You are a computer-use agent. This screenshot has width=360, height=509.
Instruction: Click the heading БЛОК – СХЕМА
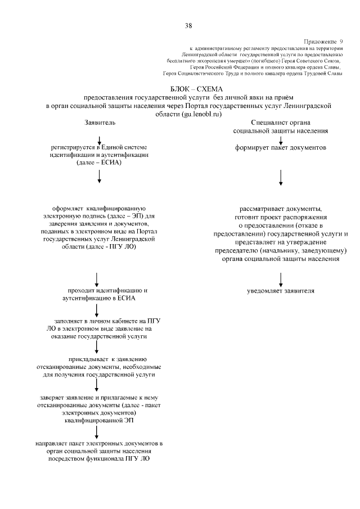pyautogui.click(x=196, y=89)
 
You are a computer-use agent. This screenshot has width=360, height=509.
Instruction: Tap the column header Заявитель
pyautogui.click(x=100, y=122)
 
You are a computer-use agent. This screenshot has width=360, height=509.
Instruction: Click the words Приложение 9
pyautogui.click(x=323, y=42)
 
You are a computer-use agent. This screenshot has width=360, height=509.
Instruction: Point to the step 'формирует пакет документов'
pyautogui.click(x=281, y=148)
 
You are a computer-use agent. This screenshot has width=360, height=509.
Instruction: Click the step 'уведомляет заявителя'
pyautogui.click(x=281, y=291)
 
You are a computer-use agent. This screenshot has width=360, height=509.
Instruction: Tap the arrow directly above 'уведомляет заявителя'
pyautogui.click(x=281, y=279)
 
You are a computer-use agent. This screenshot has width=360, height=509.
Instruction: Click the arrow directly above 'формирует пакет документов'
pyautogui.click(x=281, y=139)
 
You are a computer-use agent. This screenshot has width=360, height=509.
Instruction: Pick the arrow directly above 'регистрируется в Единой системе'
pyautogui.click(x=100, y=139)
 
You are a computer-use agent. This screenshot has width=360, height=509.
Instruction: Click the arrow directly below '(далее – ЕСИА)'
pyautogui.click(x=100, y=177)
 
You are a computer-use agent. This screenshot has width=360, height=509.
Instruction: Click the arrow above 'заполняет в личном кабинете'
pyautogui.click(x=98, y=309)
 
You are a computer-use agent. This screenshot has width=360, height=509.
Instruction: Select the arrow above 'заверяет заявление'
pyautogui.click(x=98, y=385)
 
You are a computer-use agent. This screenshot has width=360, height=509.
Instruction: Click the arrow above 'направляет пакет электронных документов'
pyautogui.click(x=98, y=431)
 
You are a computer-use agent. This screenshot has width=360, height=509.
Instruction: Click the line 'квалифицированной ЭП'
pyautogui.click(x=99, y=420)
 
